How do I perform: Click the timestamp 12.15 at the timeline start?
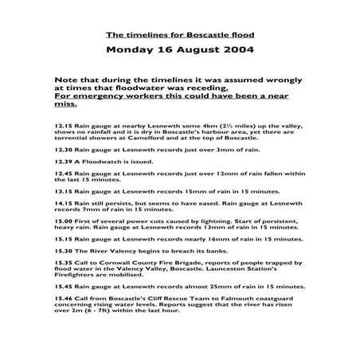[63, 125]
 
